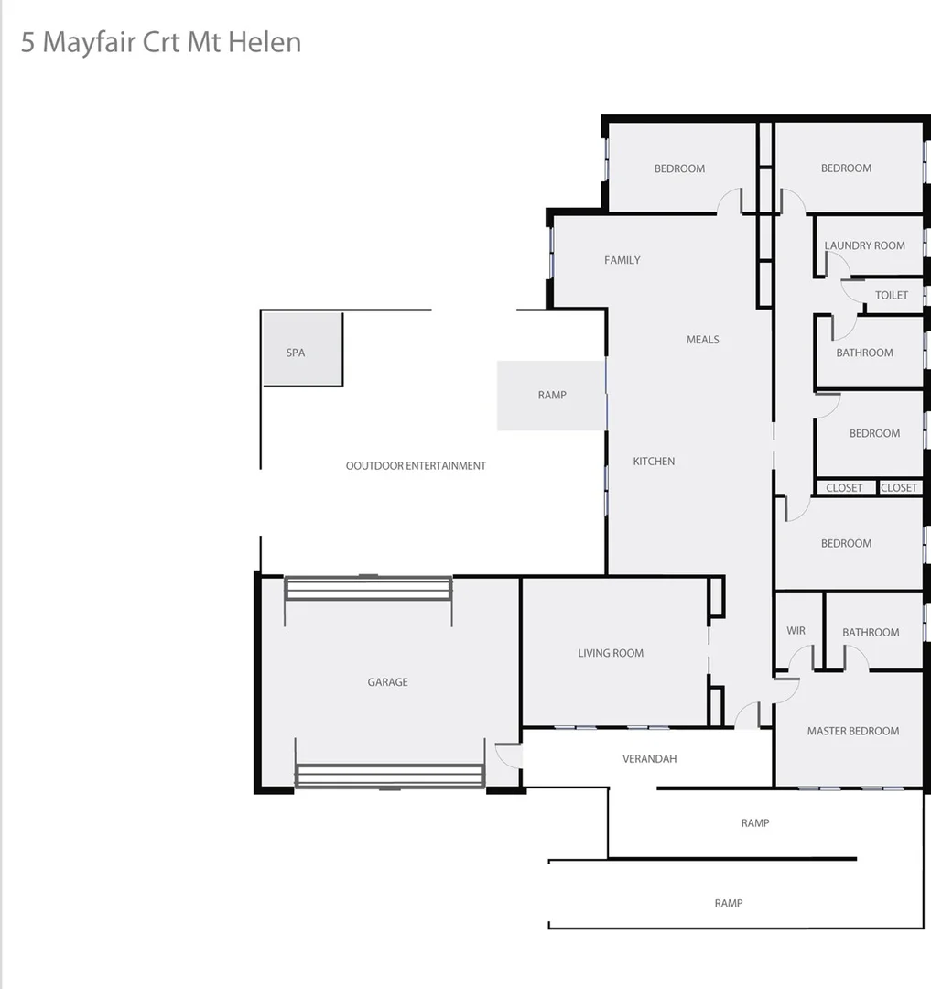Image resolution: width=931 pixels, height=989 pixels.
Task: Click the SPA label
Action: [x=295, y=353]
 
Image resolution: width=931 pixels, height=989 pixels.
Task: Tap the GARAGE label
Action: [x=387, y=682]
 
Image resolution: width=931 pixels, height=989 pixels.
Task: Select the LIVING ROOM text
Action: [x=611, y=653]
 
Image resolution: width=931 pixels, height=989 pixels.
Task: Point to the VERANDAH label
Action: [x=649, y=759]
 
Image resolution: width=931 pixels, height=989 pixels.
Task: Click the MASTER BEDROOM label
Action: [x=852, y=731]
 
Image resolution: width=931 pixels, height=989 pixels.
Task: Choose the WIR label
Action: [x=796, y=631]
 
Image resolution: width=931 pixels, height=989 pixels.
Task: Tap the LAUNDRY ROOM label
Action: [x=864, y=245]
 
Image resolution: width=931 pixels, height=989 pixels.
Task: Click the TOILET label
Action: [x=892, y=295]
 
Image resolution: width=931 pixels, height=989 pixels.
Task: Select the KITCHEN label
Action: [x=654, y=462]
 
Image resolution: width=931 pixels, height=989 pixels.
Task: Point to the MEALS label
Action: [x=703, y=340]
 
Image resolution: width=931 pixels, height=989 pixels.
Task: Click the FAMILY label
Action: [x=622, y=260]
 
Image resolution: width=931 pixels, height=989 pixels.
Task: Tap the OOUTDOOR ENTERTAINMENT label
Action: [x=416, y=466]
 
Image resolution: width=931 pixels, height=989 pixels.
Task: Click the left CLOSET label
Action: [x=844, y=488]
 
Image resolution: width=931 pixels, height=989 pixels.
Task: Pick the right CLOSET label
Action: [x=899, y=488]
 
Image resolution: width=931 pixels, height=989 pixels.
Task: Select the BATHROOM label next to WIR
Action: [x=871, y=632]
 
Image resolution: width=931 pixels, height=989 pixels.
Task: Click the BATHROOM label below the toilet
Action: [x=864, y=353]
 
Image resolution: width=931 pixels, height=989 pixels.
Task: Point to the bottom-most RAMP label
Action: [x=729, y=903]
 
